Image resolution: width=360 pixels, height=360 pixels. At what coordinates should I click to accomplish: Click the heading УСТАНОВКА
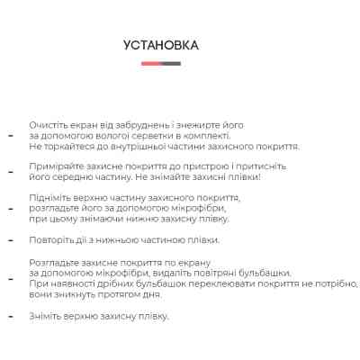tap(161, 45)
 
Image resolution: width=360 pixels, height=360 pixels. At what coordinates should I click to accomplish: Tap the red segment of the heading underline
tap(150, 64)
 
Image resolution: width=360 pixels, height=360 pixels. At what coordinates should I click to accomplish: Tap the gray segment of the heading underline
tap(171, 64)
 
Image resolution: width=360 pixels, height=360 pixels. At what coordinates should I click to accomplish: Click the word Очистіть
tap(47, 124)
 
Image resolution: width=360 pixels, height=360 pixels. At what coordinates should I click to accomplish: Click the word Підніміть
tap(50, 197)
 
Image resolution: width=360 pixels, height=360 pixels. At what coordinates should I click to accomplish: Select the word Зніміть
tap(46, 316)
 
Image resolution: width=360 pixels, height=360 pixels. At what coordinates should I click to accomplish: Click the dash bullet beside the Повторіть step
tap(11, 241)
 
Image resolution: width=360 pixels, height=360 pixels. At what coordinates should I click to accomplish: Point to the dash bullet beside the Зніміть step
tap(11, 317)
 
